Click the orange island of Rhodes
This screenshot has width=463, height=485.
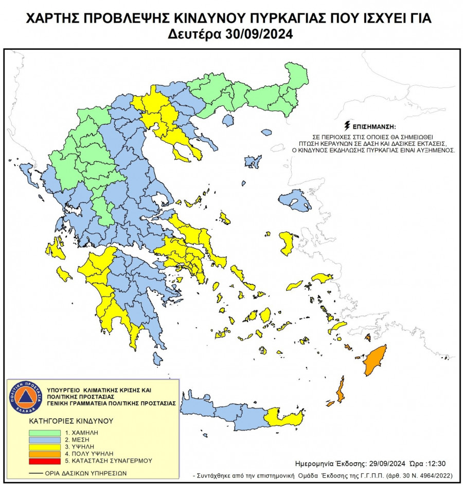(x=375, y=360)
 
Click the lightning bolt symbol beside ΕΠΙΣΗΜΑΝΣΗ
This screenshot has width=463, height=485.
(x=347, y=126)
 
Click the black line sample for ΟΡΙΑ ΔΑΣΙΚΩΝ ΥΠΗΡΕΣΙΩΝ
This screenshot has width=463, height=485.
(x=37, y=473)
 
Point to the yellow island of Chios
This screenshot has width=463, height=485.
(x=287, y=243)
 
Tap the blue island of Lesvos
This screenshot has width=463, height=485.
(x=295, y=200)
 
